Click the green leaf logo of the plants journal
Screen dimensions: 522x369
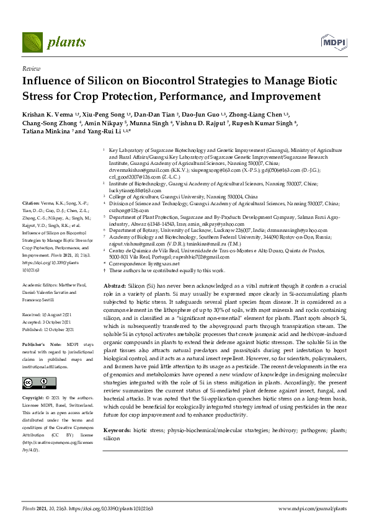coord(33,43)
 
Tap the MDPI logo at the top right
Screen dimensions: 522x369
coord(332,42)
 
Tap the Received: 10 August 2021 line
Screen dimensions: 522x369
coord(50,314)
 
